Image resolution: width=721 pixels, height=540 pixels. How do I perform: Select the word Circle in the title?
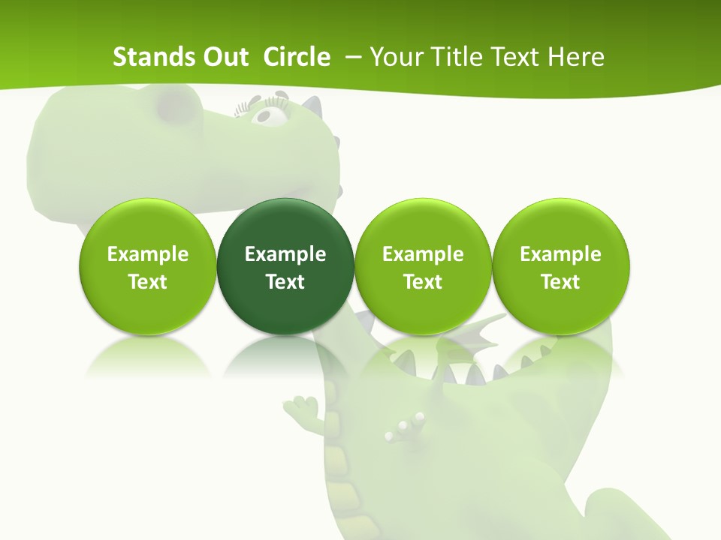297,57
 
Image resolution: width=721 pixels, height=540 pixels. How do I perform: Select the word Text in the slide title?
520,57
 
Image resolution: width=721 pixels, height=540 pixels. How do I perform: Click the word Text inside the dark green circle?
285,282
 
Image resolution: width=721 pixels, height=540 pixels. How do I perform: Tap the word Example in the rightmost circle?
560,254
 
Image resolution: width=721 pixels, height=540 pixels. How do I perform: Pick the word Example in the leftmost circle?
147,254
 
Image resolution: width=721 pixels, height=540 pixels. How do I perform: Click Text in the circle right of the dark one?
423,282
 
